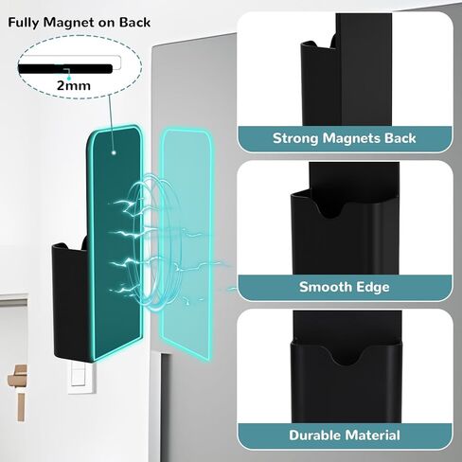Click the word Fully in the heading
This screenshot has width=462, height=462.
tap(24, 23)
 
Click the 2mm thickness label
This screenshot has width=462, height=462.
tap(74, 85)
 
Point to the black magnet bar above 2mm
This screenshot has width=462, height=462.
tap(65, 68)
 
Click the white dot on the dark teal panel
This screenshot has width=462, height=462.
tap(114, 152)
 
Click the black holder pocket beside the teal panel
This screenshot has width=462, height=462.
tap(70, 301)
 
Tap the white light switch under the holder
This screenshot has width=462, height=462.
tap(81, 377)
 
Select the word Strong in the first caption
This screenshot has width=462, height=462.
tap(295, 139)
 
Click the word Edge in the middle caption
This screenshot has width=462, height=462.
tap(372, 288)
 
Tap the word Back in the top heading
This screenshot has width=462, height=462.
tap(134, 23)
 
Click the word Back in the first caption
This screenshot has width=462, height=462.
tap(400, 139)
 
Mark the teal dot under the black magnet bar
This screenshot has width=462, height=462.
tap(69, 78)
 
